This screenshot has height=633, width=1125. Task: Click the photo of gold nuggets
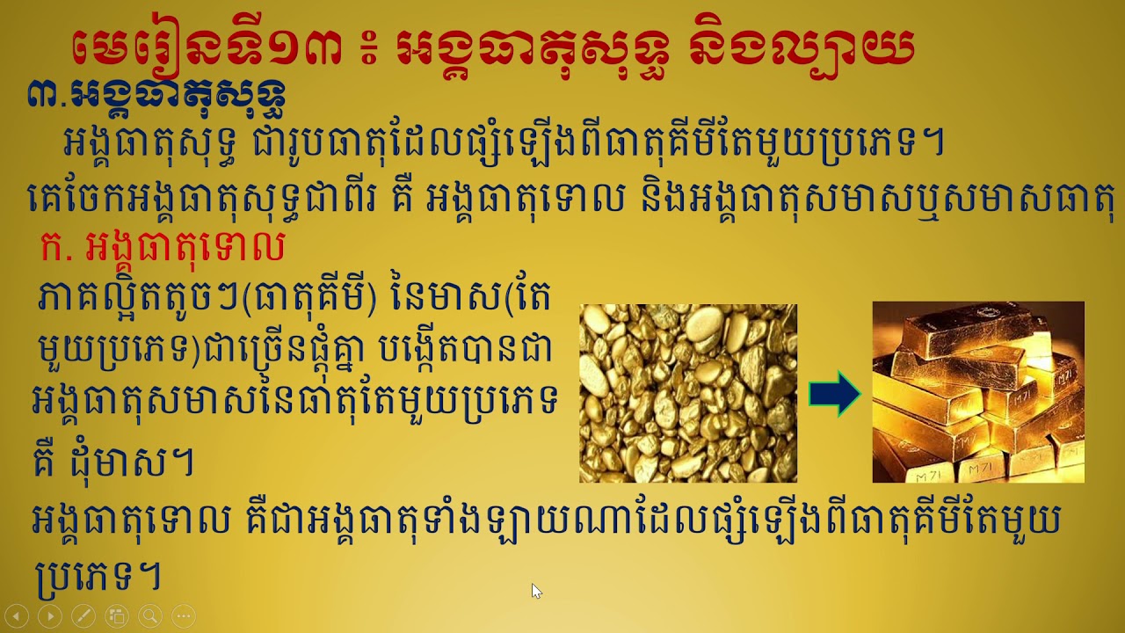tap(688, 393)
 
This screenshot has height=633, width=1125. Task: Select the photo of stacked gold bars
tap(978, 392)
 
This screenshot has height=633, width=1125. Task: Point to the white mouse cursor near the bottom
tap(536, 591)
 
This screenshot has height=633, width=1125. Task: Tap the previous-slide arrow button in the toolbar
tap(18, 615)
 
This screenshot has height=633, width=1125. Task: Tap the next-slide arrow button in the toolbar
tap(50, 615)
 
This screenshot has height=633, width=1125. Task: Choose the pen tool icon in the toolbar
tap(83, 615)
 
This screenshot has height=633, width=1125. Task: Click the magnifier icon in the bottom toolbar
tap(149, 615)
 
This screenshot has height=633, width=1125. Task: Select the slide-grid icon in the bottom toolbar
tap(116, 615)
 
